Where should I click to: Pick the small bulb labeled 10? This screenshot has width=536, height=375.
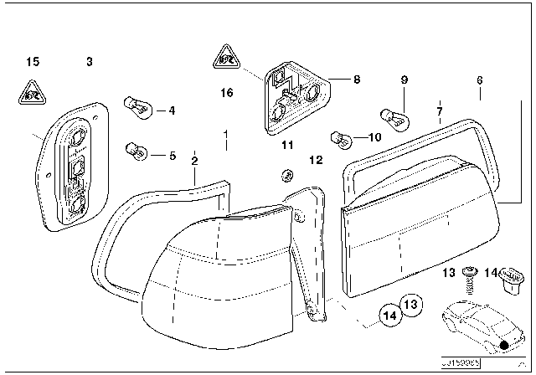[339, 136]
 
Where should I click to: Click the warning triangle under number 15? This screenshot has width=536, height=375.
[32, 92]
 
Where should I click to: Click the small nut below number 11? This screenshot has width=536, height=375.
[285, 175]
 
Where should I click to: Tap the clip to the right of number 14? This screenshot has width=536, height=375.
[510, 279]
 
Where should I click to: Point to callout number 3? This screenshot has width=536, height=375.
[89, 61]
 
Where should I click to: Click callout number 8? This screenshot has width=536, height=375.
[356, 80]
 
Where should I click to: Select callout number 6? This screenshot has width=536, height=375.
[479, 80]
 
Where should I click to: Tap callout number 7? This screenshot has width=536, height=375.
[439, 110]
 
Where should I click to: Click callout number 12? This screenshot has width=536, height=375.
[316, 158]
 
